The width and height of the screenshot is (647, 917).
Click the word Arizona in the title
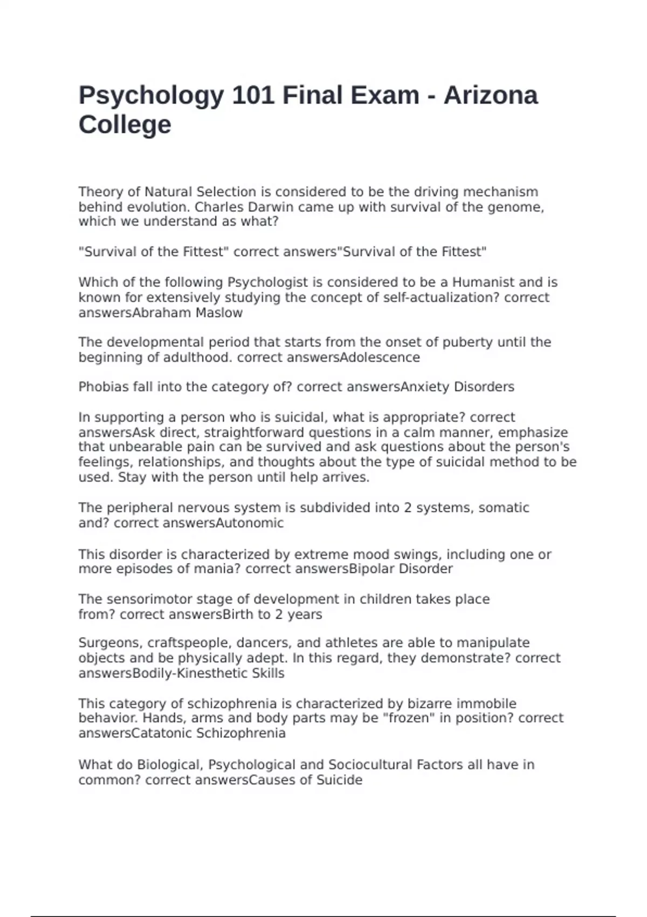[x=490, y=95]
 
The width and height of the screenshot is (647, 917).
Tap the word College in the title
[x=125, y=125]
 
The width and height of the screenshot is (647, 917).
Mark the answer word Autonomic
[x=250, y=523]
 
